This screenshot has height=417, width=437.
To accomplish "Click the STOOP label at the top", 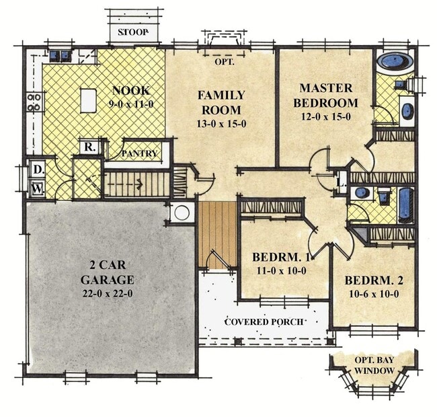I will point(132,32).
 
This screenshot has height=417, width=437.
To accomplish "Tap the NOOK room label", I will point(130,90).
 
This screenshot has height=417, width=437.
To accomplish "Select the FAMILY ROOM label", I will point(221,102).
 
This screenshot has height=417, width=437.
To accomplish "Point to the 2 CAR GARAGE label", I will point(107,272).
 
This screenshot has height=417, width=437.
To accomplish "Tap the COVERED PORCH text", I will point(263,321).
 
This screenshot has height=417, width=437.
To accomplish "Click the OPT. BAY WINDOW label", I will point(374,365).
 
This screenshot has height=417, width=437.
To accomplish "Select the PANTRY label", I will point(140,154).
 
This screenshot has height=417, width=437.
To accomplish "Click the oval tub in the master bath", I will point(394,63).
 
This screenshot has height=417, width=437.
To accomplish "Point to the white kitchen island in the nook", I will point(88,100).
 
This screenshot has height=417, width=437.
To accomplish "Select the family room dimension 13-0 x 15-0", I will point(221,123).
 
